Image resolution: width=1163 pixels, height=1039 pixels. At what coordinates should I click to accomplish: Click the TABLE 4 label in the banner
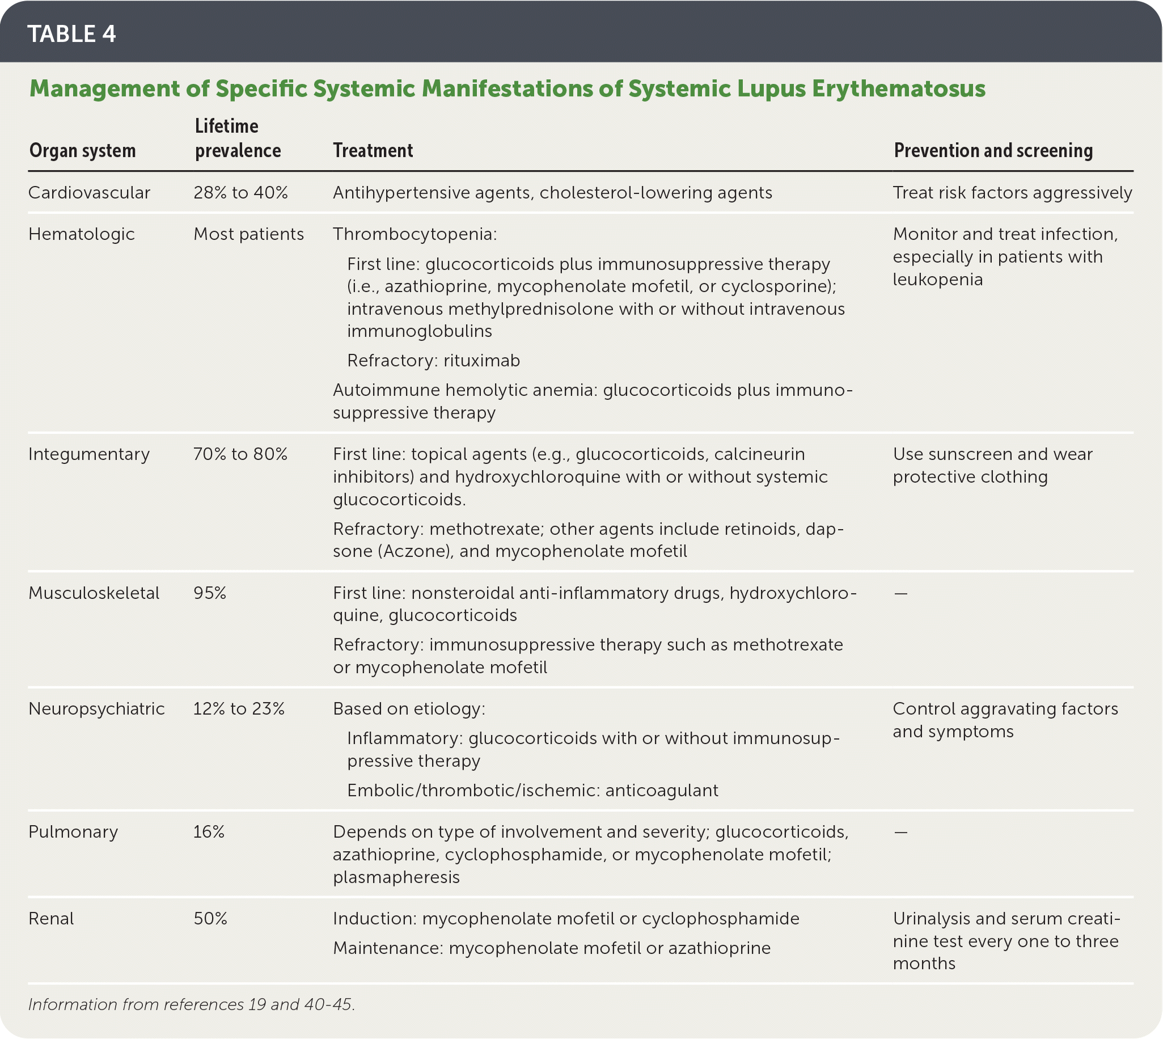pos(71,33)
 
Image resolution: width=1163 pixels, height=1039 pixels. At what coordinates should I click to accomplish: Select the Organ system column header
pos(82,151)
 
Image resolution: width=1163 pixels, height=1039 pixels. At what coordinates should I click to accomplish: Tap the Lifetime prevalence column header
pos(238,138)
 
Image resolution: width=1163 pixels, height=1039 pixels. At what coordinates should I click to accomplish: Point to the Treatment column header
pos(373,151)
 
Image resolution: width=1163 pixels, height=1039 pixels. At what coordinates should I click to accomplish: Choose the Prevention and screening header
pos(993,151)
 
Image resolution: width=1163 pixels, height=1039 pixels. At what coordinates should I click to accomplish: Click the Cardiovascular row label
pos(89,193)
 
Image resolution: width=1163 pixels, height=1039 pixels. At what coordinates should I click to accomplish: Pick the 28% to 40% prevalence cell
pos(240,193)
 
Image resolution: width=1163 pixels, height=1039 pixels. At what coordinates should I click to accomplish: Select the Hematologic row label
pos(81,234)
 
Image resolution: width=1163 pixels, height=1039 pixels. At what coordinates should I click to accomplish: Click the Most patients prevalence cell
pos(248,234)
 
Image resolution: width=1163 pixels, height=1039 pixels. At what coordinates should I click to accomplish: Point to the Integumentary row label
pos(89,454)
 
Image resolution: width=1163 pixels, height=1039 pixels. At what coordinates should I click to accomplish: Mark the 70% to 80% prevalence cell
pos(240,454)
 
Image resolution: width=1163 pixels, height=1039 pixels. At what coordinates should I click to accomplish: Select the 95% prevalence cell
pos(209,593)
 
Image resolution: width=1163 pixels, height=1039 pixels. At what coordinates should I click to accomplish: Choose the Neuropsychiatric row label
pos(96,709)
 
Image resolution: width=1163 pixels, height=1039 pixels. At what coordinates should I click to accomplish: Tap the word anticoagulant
pos(661,791)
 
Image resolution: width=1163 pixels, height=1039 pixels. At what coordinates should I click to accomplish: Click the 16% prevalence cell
pos(209,832)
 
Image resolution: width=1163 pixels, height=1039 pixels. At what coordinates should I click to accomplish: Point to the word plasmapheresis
pos(396,877)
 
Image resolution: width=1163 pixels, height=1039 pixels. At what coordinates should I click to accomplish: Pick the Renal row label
pos(51,919)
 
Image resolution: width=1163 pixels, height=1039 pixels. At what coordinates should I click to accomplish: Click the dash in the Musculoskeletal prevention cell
pos(900,594)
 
